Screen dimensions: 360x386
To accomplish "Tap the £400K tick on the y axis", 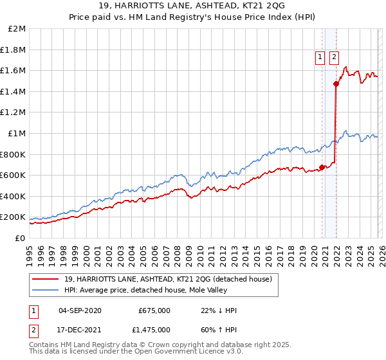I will (14, 196).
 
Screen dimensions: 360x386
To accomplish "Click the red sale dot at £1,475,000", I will (336, 84).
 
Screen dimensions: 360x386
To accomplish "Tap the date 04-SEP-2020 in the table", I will (80, 310).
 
